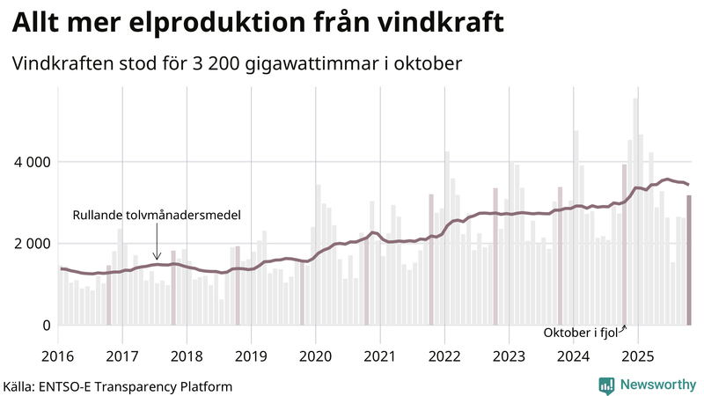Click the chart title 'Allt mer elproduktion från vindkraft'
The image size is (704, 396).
tap(258, 24)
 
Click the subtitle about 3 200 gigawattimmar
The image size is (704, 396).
tap(237, 64)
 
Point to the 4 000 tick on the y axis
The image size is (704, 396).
tap(29, 162)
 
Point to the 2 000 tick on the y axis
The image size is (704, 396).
tap(29, 244)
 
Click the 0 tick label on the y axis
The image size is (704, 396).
tap(46, 325)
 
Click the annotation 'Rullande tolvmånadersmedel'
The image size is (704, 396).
tap(156, 215)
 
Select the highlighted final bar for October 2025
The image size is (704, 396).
tap(689, 260)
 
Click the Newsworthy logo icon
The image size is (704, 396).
tap(606, 385)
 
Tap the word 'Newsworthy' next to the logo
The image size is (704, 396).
tap(656, 385)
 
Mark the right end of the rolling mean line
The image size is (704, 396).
tap(688, 185)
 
